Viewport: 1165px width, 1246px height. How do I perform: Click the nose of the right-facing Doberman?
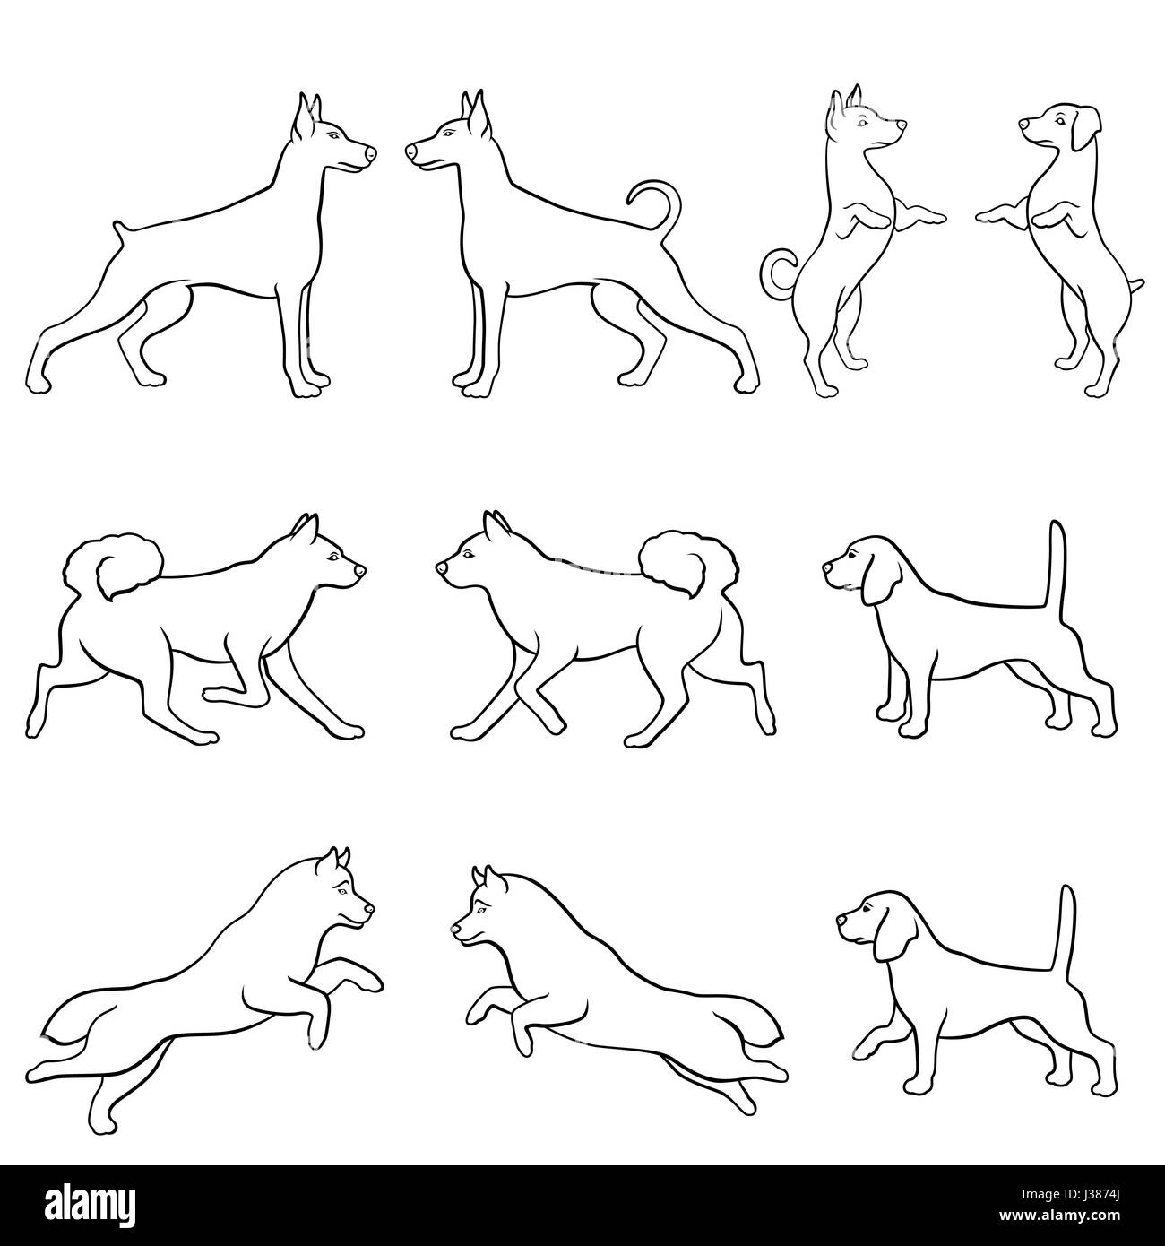point(371,153)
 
